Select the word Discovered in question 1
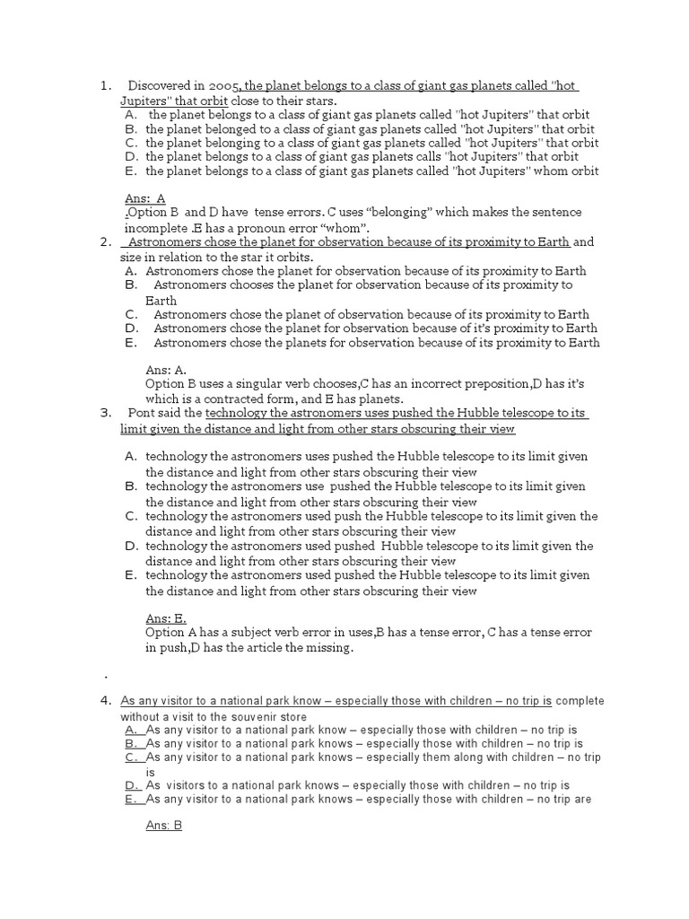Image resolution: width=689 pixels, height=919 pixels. coord(158,86)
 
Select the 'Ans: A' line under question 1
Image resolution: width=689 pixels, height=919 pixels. coord(145,198)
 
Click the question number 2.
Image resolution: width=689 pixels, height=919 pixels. coord(105,241)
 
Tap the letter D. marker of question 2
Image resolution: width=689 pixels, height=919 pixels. coord(131,328)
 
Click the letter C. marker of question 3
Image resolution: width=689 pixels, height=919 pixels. coord(131,516)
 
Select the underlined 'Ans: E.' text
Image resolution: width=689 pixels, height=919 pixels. coord(166,618)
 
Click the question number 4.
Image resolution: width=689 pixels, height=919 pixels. coord(106,701)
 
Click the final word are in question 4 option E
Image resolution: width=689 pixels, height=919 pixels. coord(580,800)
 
